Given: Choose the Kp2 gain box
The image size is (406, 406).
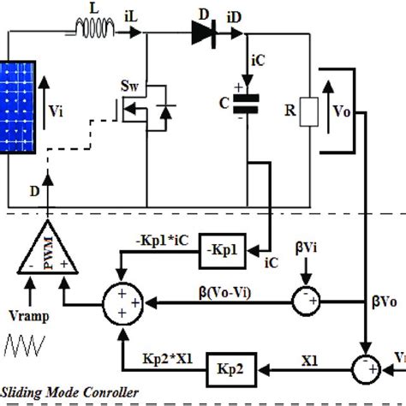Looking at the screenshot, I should [x=229, y=369].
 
